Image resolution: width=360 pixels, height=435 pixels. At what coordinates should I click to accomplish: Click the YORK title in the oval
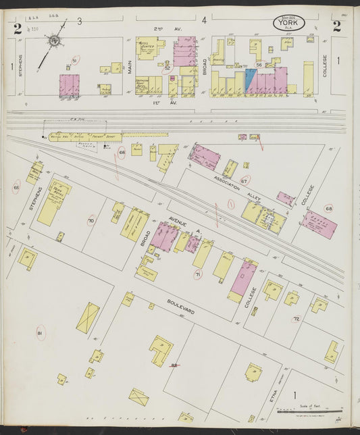288,24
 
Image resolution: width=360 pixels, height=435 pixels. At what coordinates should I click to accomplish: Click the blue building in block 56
251,80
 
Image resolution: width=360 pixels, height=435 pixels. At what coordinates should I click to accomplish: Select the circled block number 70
91,221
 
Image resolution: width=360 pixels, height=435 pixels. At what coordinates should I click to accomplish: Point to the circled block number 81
41,334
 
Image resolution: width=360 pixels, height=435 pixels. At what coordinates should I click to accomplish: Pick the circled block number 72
296,318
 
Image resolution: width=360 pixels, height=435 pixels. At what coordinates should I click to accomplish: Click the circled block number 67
245,181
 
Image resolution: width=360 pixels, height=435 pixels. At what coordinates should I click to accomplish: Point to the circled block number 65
16,187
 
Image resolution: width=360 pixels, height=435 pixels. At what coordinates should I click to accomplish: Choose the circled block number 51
75,61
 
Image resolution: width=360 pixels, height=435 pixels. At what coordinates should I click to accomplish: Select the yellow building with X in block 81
87,317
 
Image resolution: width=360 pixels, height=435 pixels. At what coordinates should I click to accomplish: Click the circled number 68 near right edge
329,209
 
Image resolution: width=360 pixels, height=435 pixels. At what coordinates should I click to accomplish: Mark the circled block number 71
198,274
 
